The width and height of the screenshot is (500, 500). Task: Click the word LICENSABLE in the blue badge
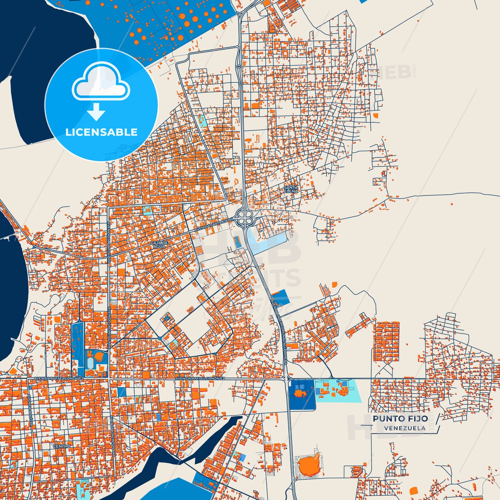pos(101,132)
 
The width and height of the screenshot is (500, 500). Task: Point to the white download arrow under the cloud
pos(96,111)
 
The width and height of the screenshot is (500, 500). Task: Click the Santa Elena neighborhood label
pos(291,189)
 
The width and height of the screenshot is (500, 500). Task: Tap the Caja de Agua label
pos(159,245)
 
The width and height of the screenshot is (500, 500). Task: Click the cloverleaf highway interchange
pos(245,218)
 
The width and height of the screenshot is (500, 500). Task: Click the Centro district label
pos(62,446)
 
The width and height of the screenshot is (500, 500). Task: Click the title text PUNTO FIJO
pos(400,419)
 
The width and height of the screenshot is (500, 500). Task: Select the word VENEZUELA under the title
pos(404,428)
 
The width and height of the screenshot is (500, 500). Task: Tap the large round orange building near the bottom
pos(308,465)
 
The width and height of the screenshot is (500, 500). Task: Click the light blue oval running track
pos(91,363)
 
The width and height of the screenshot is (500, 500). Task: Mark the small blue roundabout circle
pos(160,338)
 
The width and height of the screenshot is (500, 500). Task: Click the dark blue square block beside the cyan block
pos(301,394)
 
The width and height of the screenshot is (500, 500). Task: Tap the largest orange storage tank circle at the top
pos(187,24)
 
